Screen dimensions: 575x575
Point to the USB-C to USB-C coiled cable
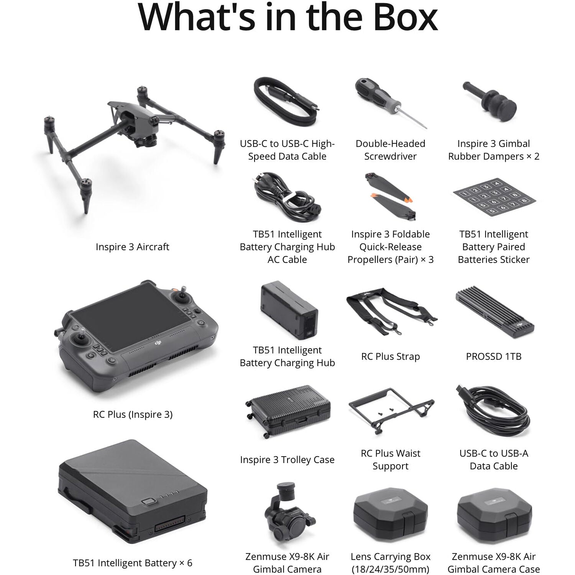286,102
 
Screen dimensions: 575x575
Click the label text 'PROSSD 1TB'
494,356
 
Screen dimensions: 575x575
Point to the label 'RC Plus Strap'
390,356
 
